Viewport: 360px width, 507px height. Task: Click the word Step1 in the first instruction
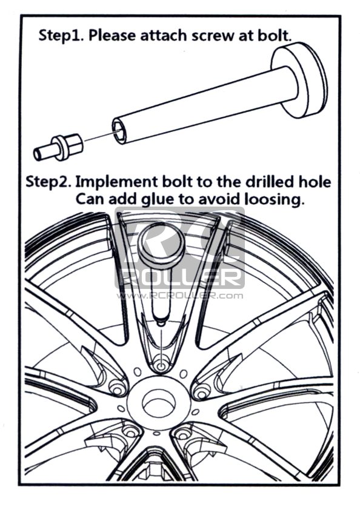(x=61, y=35)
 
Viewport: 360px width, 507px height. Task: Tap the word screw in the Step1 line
(x=213, y=35)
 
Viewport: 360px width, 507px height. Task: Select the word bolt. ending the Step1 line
(x=275, y=35)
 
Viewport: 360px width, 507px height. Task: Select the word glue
(x=158, y=200)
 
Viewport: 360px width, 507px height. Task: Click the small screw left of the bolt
(x=58, y=147)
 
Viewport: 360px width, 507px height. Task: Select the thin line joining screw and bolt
(x=98, y=136)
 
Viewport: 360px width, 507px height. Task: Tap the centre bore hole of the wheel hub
(x=159, y=403)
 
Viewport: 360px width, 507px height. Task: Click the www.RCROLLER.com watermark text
(x=180, y=296)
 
